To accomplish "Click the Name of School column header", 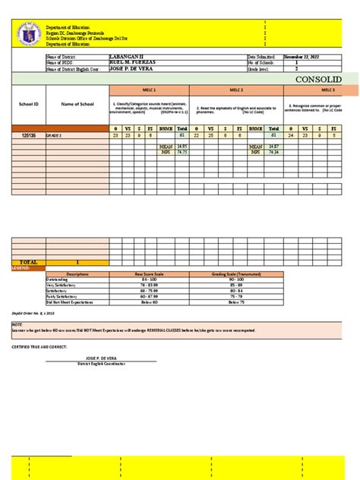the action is click(76, 104).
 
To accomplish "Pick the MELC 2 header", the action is click(235, 90).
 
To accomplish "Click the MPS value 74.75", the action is click(182, 152).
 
